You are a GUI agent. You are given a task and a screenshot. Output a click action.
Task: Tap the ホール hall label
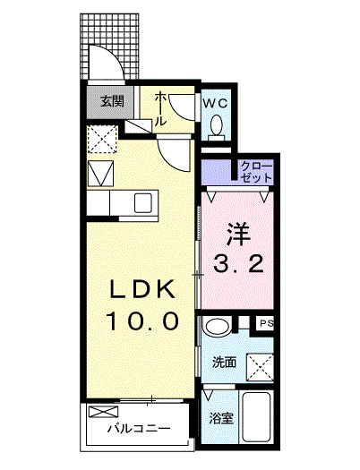[x=161, y=108]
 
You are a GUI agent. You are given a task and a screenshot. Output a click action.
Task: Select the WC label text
[x=216, y=103]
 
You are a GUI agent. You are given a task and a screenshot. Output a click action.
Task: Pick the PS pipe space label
[x=266, y=323]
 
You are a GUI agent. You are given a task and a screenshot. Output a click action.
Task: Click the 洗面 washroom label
[x=224, y=363]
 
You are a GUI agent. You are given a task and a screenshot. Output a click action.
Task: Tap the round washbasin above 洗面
[x=216, y=327]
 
